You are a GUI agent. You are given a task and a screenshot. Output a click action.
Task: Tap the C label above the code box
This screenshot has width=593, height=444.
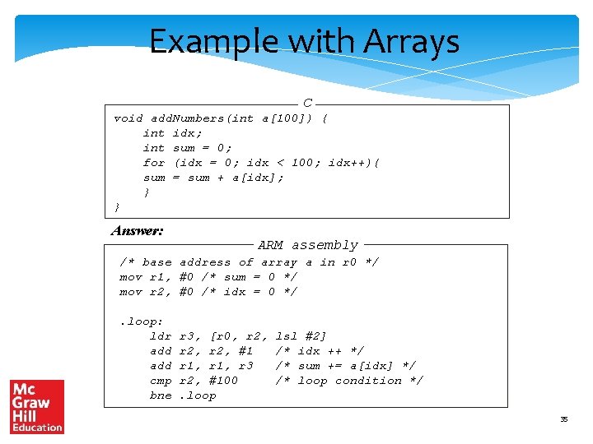click(307, 104)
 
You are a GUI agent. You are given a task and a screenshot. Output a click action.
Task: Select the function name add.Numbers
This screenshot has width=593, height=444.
click(187, 118)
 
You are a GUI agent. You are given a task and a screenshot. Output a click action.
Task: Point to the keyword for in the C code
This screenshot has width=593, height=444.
click(154, 163)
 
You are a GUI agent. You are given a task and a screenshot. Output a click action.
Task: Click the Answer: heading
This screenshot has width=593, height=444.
click(138, 231)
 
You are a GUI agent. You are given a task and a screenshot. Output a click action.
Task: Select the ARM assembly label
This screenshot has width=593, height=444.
click(308, 245)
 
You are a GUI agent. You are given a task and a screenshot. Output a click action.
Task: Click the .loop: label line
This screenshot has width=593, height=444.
click(142, 321)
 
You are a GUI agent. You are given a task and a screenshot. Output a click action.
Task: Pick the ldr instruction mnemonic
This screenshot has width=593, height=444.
click(161, 336)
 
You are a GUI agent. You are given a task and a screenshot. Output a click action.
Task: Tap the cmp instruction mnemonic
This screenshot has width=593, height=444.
click(161, 381)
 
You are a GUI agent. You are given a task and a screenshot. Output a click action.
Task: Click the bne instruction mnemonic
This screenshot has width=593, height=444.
click(161, 395)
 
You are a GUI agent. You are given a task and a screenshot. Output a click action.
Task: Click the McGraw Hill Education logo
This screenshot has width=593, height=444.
click(37, 406)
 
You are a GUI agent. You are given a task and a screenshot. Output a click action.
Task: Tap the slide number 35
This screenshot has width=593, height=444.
click(564, 419)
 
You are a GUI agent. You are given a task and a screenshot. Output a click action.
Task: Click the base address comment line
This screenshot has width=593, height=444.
click(250, 262)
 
